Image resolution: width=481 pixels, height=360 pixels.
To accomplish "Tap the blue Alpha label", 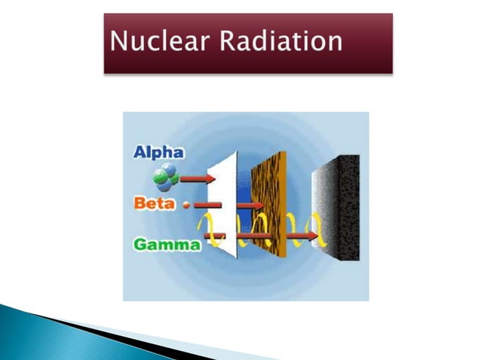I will pos(158,153).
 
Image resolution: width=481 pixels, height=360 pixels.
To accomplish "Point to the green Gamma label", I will pos(167,244).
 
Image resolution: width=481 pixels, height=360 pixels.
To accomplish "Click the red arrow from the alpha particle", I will pos(198,178).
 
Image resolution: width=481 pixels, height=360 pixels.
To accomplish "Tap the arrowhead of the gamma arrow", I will pos(311,236).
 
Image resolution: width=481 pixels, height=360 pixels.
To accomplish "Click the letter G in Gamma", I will pos(140,244).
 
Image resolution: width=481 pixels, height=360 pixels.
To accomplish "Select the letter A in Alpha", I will pos(139,153).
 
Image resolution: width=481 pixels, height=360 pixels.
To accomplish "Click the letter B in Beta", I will pos(139,203).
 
